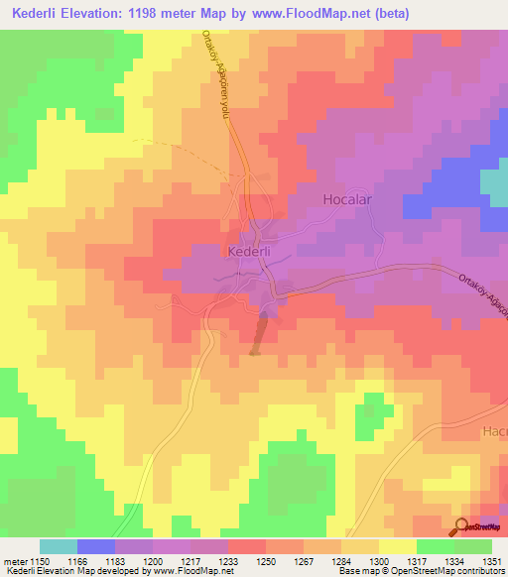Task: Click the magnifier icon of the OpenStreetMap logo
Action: (x=461, y=525)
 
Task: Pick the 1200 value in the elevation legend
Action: (x=151, y=560)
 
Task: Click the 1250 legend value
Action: (x=264, y=560)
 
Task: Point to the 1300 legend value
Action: (x=377, y=560)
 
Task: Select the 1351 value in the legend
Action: (x=491, y=560)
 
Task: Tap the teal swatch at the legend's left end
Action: (x=59, y=546)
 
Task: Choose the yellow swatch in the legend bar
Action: (x=397, y=546)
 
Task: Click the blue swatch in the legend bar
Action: (x=96, y=546)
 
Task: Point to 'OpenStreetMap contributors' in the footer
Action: (x=445, y=572)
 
